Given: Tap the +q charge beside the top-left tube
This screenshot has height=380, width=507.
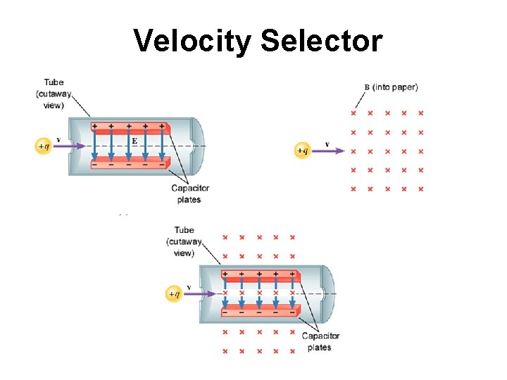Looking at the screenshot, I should click(44, 146).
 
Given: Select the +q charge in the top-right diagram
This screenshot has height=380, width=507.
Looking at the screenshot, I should click(301, 150).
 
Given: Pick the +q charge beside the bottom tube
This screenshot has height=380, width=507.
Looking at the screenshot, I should click(174, 293).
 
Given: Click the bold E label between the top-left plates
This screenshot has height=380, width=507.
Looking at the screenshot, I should click(134, 141).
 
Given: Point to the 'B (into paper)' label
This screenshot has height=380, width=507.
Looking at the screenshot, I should click(391, 87).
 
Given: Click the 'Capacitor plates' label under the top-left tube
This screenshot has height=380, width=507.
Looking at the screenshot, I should click(190, 194).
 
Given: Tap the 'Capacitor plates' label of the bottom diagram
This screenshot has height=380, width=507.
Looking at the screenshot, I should click(320, 341).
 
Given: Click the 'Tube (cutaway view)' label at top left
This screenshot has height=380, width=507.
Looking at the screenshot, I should click(53, 94).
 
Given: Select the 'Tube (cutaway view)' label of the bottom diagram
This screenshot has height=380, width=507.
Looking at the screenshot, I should click(184, 241).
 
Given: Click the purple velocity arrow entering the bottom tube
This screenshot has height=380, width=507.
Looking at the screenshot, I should click(203, 293).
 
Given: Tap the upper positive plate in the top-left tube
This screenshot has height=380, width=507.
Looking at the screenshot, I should click(131, 128).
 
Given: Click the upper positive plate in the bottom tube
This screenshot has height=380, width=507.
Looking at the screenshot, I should click(261, 276).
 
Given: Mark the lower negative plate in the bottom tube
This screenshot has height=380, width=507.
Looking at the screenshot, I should click(261, 310).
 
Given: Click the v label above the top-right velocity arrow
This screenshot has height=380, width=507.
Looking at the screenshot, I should click(327, 144).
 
